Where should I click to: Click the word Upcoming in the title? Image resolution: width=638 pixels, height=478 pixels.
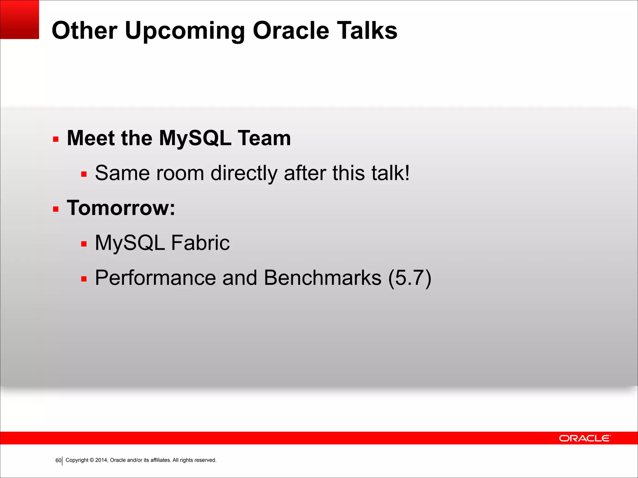185,31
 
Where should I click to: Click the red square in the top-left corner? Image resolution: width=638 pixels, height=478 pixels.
19,19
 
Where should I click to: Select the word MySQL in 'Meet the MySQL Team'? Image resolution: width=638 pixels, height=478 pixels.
195,138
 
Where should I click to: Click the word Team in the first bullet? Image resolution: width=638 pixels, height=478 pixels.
264,138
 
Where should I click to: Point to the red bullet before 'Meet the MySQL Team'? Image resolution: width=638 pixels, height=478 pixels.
56,139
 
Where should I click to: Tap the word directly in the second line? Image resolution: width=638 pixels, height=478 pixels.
244,173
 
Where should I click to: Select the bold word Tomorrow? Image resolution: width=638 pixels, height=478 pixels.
121,208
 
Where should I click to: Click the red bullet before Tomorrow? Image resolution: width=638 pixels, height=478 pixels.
56,209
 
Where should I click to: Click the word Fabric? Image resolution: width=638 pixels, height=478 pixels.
200,243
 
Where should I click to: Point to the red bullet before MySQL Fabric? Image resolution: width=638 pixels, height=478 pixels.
83,244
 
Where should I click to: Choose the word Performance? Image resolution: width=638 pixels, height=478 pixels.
155,278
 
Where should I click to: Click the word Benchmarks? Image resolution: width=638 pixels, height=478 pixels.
322,278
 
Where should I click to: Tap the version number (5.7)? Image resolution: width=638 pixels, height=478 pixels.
410,278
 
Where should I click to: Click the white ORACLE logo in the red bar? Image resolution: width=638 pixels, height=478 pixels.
585,438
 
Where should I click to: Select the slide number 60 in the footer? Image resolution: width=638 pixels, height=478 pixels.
58,460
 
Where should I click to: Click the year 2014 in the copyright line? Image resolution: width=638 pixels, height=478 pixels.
101,460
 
